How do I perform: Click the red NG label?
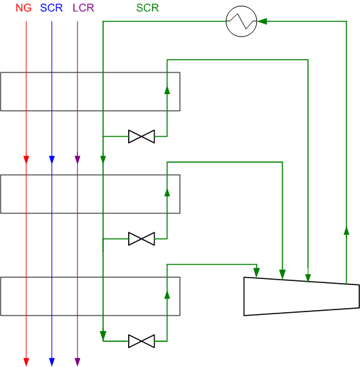(24, 8)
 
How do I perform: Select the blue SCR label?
(52, 8)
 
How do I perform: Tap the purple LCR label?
(83, 8)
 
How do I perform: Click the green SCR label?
(147, 8)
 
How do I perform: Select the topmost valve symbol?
(142, 137)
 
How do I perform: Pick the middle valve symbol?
(142, 239)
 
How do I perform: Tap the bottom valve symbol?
(142, 341)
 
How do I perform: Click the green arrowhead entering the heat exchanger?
(262, 21)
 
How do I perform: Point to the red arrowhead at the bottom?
(26, 362)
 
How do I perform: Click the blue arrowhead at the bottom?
(52, 362)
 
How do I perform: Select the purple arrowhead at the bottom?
(77, 362)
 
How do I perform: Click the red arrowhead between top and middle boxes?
(26, 160)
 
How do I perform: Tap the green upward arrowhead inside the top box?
(167, 90)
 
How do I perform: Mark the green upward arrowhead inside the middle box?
(167, 192)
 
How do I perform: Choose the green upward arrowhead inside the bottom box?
(167, 295)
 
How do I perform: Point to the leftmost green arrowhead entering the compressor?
(257, 273)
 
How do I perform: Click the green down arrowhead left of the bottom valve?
(103, 336)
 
